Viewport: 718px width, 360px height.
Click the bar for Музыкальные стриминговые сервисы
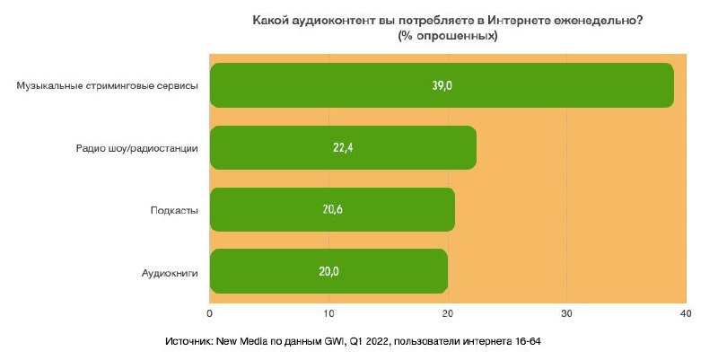(x=442, y=85)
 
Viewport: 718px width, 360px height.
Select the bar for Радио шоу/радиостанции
(x=343, y=147)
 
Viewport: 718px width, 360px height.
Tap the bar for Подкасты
(x=332, y=209)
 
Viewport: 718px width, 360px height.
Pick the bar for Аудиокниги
(x=328, y=270)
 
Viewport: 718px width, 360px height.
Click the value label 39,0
(x=442, y=86)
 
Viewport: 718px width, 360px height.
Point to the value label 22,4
(x=343, y=148)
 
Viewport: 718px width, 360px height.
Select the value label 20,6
(x=332, y=210)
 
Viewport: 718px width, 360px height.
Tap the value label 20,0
(x=328, y=271)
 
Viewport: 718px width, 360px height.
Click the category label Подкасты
(x=174, y=210)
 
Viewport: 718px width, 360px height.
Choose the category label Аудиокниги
(x=170, y=271)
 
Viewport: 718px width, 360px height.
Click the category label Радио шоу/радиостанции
(x=137, y=148)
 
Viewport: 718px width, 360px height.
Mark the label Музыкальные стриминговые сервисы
(x=108, y=86)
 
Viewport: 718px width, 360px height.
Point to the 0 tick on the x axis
(x=210, y=312)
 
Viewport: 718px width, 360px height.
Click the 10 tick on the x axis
(x=328, y=312)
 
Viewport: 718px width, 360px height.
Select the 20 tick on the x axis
(x=448, y=312)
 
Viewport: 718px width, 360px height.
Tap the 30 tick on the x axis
(x=566, y=312)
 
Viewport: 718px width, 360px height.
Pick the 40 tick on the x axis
(x=686, y=312)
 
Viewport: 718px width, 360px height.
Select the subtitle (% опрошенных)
(x=448, y=36)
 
